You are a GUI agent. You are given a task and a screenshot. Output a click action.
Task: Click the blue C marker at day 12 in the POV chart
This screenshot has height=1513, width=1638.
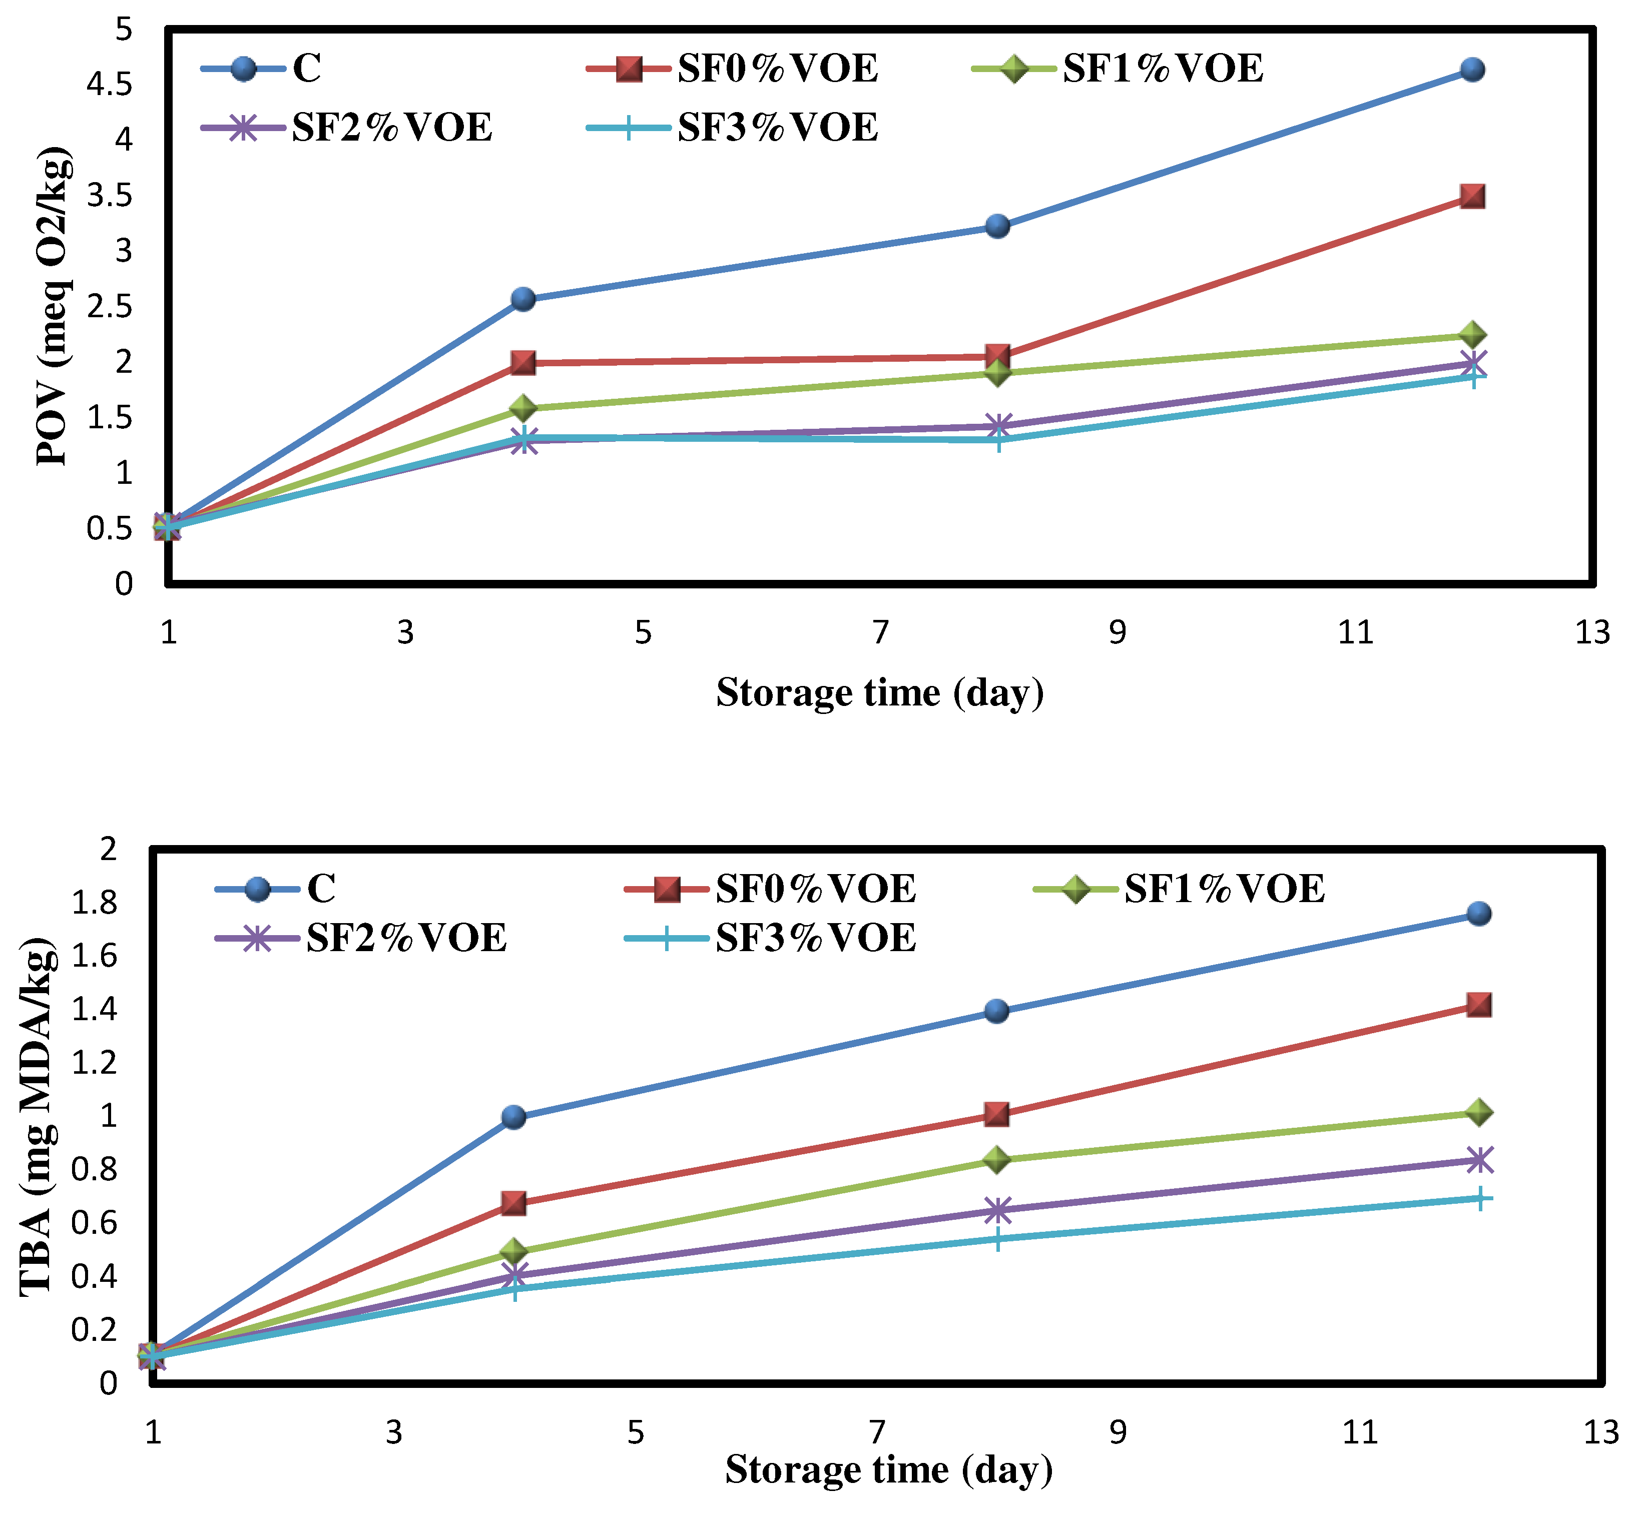1472,70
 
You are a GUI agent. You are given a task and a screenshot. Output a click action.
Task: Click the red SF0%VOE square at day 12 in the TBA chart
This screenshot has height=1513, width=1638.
1478,1005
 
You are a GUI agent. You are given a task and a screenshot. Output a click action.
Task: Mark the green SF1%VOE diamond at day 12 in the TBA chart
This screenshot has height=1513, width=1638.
1478,1112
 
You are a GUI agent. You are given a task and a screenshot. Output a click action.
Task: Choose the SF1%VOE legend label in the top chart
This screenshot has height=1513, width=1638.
1162,68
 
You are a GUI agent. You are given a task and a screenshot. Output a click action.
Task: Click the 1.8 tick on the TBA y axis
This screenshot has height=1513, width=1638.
94,902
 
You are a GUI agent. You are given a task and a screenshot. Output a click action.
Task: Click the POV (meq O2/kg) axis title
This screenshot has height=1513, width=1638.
54,306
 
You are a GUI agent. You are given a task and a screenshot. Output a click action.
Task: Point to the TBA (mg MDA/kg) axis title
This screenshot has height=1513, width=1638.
38,1118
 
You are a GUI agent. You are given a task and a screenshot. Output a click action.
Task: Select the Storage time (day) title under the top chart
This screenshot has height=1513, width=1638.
880,692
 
